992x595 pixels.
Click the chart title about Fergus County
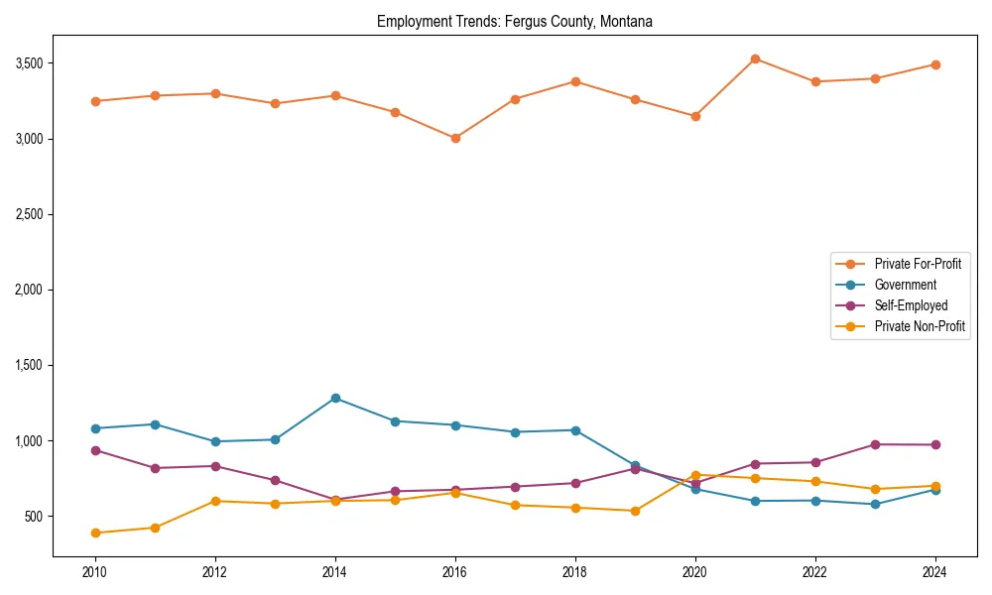pyautogui.click(x=514, y=21)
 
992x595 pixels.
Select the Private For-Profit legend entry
pyautogui.click(x=918, y=264)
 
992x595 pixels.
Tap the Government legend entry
pyautogui.click(x=905, y=285)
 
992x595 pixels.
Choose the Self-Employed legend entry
pyautogui.click(x=911, y=305)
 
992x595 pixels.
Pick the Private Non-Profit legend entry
pyautogui.click(x=920, y=326)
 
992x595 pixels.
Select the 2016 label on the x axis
pyautogui.click(x=455, y=571)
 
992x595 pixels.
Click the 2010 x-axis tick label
pyautogui.click(x=95, y=571)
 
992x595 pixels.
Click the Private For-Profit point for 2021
pyautogui.click(x=755, y=59)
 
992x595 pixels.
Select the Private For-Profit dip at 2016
pyautogui.click(x=455, y=138)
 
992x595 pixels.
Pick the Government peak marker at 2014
pyautogui.click(x=335, y=398)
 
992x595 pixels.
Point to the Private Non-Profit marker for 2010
pyautogui.click(x=95, y=533)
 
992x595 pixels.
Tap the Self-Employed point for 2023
pyautogui.click(x=875, y=444)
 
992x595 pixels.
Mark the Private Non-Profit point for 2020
pyautogui.click(x=695, y=475)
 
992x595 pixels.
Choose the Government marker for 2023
pyautogui.click(x=875, y=504)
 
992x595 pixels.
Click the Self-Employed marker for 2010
pyautogui.click(x=95, y=450)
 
